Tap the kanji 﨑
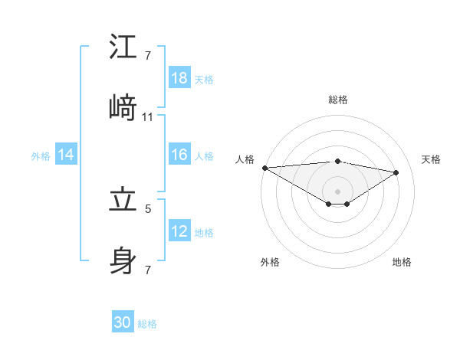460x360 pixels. tap(123, 107)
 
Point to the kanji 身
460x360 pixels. tap(123, 260)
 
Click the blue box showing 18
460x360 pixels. tap(179, 78)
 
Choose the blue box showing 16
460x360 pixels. tap(179, 155)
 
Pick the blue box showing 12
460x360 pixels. tap(179, 231)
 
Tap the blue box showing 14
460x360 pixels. tap(66, 155)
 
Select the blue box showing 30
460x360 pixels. tap(123, 323)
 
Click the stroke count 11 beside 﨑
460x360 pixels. tap(148, 117)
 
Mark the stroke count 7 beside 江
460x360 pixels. tap(147, 56)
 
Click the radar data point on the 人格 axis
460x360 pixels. tap(264, 168)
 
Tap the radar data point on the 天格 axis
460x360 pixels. tap(396, 172)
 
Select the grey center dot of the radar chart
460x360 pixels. tap(338, 191)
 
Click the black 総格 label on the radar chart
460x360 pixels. tap(338, 100)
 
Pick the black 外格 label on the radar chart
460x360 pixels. tap(270, 262)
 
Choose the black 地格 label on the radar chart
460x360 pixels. tap(402, 262)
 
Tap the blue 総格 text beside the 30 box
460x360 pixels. tap(147, 324)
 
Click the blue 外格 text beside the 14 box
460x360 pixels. tap(41, 156)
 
